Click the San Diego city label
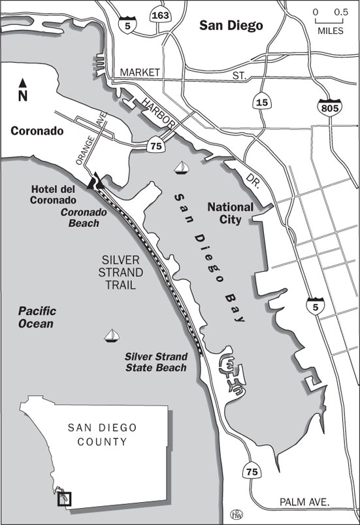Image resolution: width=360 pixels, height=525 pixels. coord(231,26)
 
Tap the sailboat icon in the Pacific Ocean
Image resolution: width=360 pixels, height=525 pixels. coord(112,335)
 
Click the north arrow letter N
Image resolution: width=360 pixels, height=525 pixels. coord(23,97)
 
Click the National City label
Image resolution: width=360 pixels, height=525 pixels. coord(233,213)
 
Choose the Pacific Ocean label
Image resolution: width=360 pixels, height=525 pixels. coord(37,317)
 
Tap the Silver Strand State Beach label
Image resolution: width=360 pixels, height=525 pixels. coord(156,362)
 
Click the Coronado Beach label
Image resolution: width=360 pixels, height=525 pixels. coord(80,218)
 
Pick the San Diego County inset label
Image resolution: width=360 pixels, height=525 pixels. coord(103,435)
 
